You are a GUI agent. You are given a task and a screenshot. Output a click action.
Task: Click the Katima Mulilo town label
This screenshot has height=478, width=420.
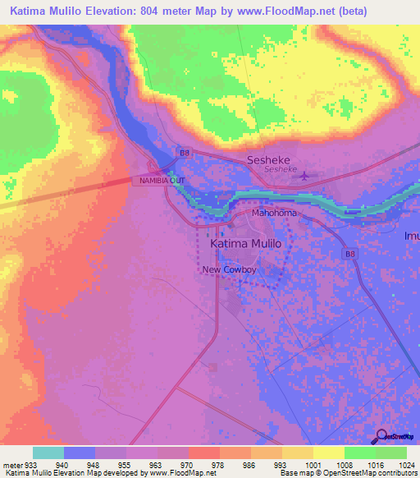(x=245, y=245)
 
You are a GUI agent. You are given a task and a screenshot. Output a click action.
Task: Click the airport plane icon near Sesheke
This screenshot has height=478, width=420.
(x=306, y=175)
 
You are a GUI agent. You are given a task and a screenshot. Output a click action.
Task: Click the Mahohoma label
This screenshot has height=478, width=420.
(x=274, y=213)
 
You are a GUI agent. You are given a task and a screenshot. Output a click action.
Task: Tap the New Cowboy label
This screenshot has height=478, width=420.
(x=231, y=270)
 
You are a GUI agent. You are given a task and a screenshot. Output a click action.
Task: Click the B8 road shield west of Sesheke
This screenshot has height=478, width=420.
(x=185, y=152)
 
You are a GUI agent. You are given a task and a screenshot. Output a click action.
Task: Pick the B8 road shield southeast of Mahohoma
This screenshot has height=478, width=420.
(x=350, y=255)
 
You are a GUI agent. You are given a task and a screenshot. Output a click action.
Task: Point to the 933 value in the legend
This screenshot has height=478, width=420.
(x=25, y=464)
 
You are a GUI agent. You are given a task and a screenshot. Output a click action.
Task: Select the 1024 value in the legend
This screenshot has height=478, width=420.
(x=406, y=464)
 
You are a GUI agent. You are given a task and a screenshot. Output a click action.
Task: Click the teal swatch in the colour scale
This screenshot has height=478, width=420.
(x=48, y=453)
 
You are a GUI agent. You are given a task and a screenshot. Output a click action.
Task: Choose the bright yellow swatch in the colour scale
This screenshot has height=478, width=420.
(x=329, y=453)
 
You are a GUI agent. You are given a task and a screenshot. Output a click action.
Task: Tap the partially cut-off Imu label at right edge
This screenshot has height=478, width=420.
(x=410, y=237)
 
